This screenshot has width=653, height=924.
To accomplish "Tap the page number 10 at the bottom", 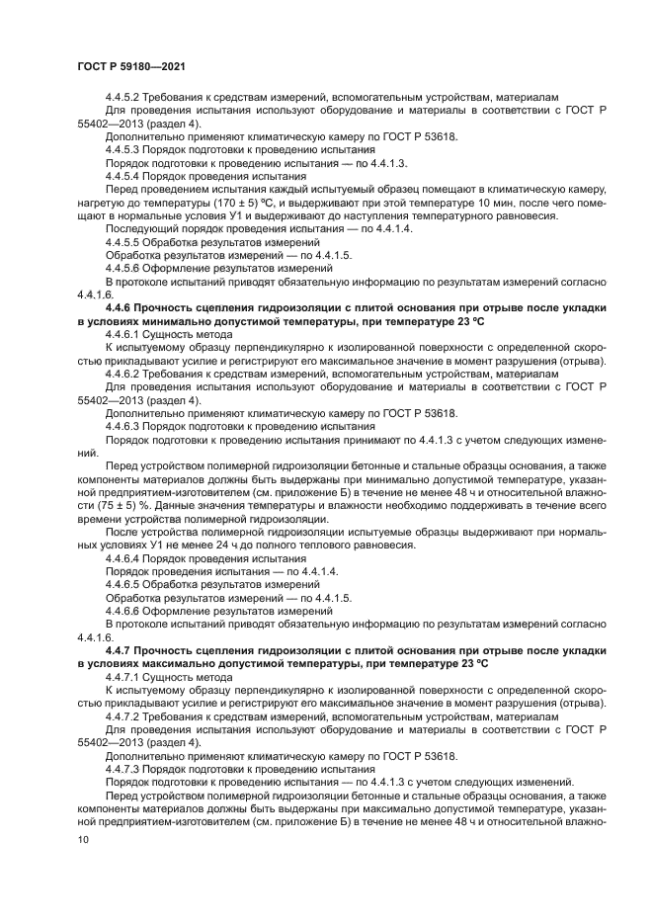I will pyautogui.click(x=82, y=840).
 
